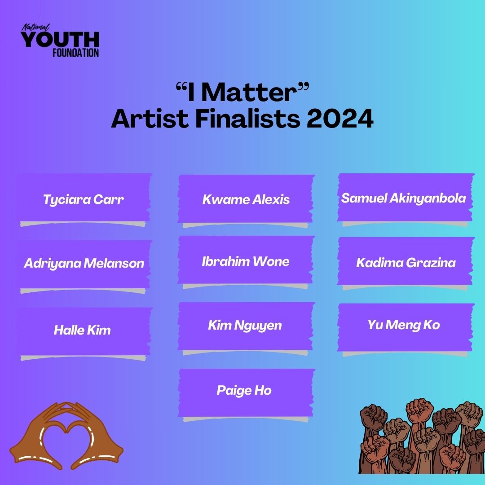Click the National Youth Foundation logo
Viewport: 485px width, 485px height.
60,40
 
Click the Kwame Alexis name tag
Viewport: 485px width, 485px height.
246,199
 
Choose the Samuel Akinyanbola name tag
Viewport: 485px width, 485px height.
406,198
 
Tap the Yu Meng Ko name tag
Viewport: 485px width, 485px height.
406,327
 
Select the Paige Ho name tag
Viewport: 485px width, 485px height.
246,393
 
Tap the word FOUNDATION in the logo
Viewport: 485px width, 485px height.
75,53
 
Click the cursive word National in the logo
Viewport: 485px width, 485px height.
35,28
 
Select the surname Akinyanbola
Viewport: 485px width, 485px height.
428,198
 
